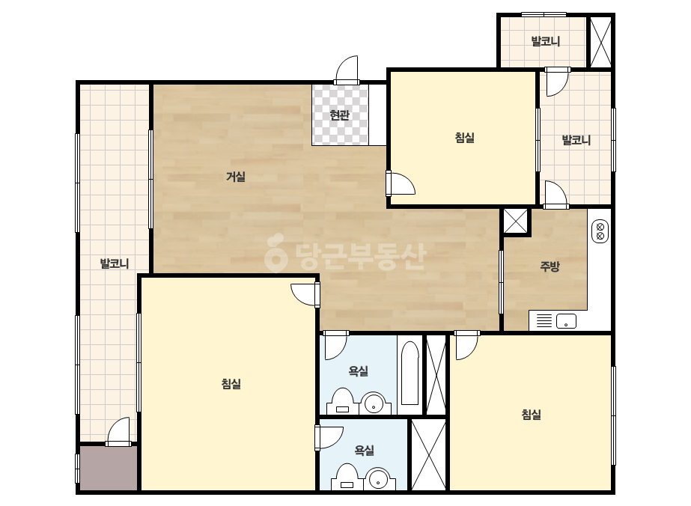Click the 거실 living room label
tap(236, 177)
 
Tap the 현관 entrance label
tap(339, 115)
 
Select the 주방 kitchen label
tap(550, 266)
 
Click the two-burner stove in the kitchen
tap(600, 232)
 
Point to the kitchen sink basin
tap(566, 321)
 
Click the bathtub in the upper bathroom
tap(410, 373)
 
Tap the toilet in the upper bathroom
tap(343, 401)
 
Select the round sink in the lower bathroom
tap(379, 479)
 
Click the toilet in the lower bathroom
tap(347, 477)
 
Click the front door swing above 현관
tap(347, 70)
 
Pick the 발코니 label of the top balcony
tap(546, 41)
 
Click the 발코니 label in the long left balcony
tap(114, 263)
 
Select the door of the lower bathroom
tap(329, 438)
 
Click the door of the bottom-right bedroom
tap(466, 345)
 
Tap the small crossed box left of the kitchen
tap(515, 221)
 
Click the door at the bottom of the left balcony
tap(119, 432)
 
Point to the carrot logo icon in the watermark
tap(276, 252)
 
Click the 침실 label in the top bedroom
tap(464, 138)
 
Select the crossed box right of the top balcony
tap(600, 41)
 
